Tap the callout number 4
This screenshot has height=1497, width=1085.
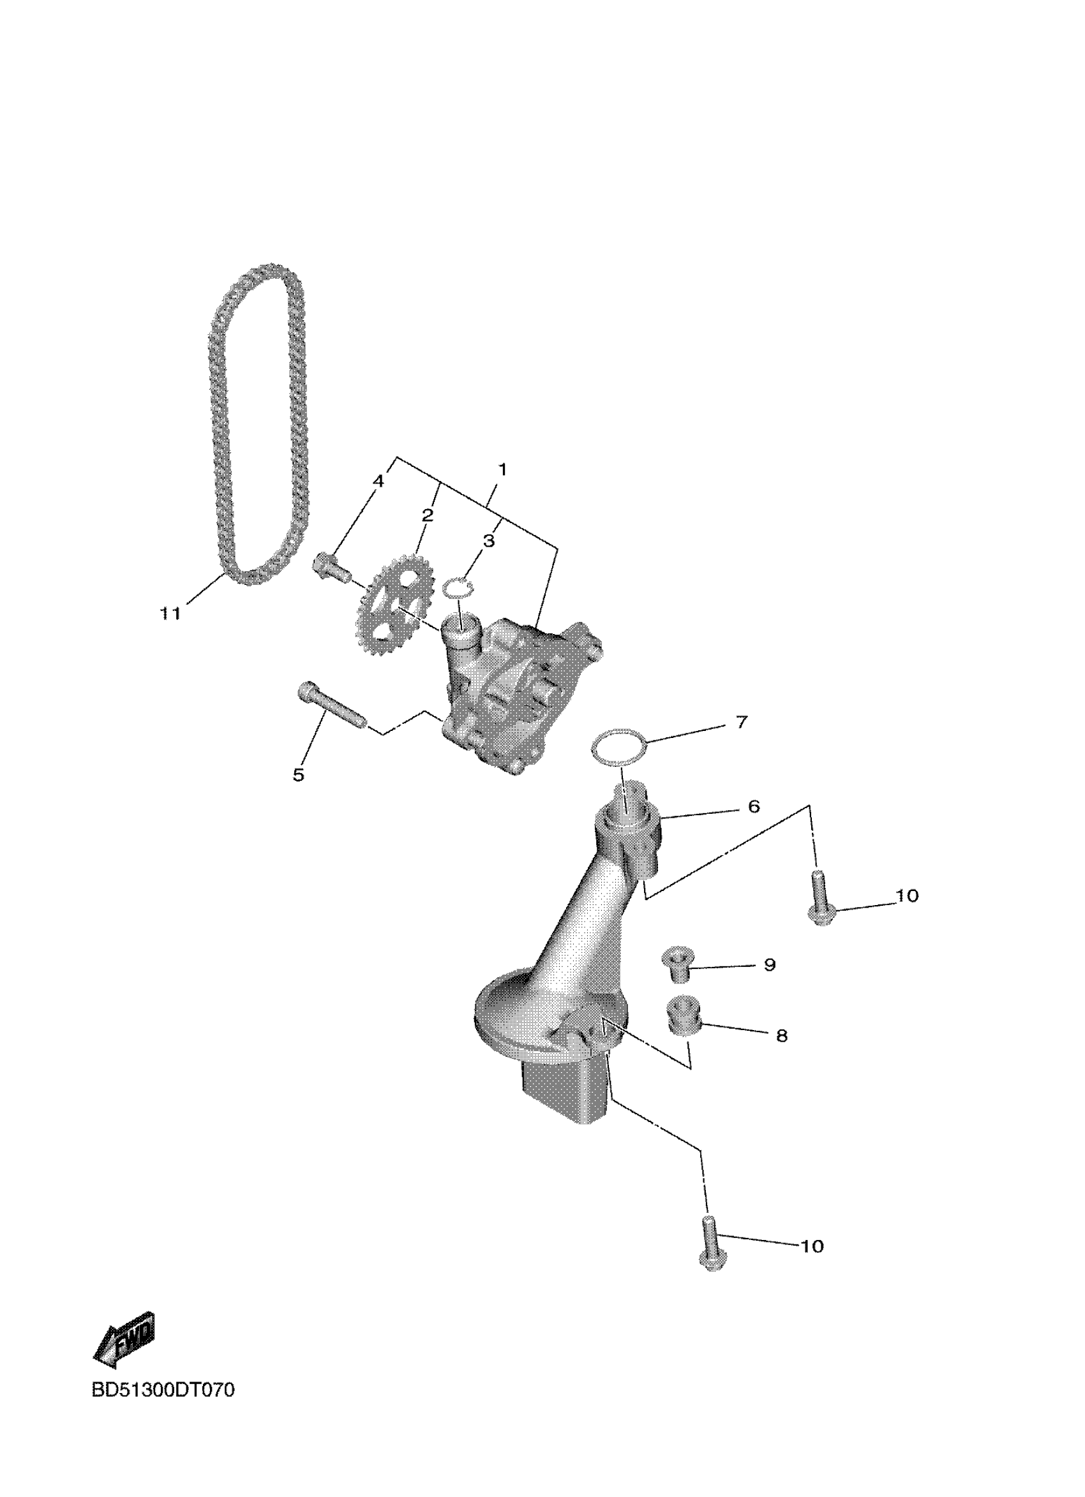click(x=378, y=481)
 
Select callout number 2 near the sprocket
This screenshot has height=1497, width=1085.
click(x=428, y=515)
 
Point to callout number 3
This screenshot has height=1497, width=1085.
click(x=488, y=542)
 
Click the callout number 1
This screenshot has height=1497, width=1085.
click(x=502, y=470)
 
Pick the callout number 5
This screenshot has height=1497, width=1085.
click(x=299, y=775)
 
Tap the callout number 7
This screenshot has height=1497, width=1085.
click(x=742, y=722)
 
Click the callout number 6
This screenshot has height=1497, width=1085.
click(x=754, y=806)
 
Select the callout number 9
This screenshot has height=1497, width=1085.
click(x=769, y=965)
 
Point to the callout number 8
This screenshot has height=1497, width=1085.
click(x=781, y=1036)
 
